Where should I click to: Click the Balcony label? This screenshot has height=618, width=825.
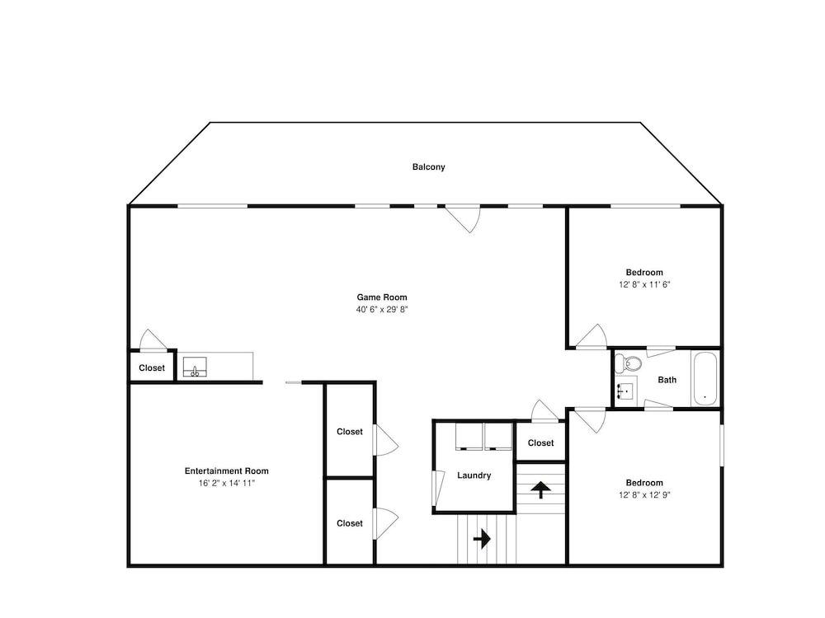tap(428, 167)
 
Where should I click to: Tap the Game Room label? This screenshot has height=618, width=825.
tap(382, 297)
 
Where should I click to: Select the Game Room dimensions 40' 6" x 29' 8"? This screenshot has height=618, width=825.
tap(382, 310)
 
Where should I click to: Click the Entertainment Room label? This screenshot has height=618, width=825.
tap(227, 471)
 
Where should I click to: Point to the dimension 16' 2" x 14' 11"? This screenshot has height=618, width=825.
tap(227, 484)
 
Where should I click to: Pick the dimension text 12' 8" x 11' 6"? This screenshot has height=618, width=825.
tap(644, 285)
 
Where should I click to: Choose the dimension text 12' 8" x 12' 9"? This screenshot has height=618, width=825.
tap(644, 495)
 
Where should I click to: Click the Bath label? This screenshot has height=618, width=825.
tap(667, 380)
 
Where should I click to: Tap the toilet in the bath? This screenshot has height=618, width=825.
tap(628, 363)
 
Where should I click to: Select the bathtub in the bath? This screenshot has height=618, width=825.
tap(705, 378)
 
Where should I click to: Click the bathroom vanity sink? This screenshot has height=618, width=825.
tap(625, 391)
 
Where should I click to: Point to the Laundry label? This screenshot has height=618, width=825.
tap(474, 475)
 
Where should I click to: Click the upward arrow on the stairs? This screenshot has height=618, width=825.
tap(540, 489)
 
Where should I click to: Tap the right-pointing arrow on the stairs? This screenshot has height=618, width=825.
tap(482, 539)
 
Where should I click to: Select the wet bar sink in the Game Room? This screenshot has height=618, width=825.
tap(195, 367)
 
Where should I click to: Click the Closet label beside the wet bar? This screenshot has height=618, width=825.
tap(152, 368)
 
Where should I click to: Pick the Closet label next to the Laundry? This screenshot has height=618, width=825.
tap(541, 443)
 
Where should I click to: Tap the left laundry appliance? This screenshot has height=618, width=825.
tap(469, 437)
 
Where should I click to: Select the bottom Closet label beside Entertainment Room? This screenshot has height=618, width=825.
tap(350, 523)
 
